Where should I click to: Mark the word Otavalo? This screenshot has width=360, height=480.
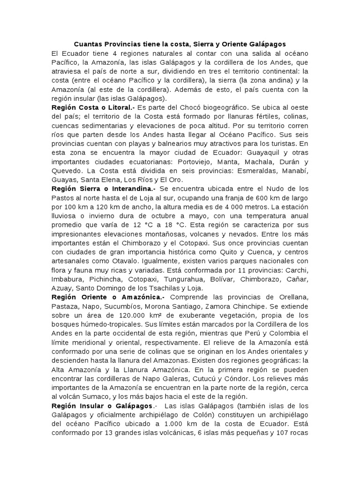point(117,261)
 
